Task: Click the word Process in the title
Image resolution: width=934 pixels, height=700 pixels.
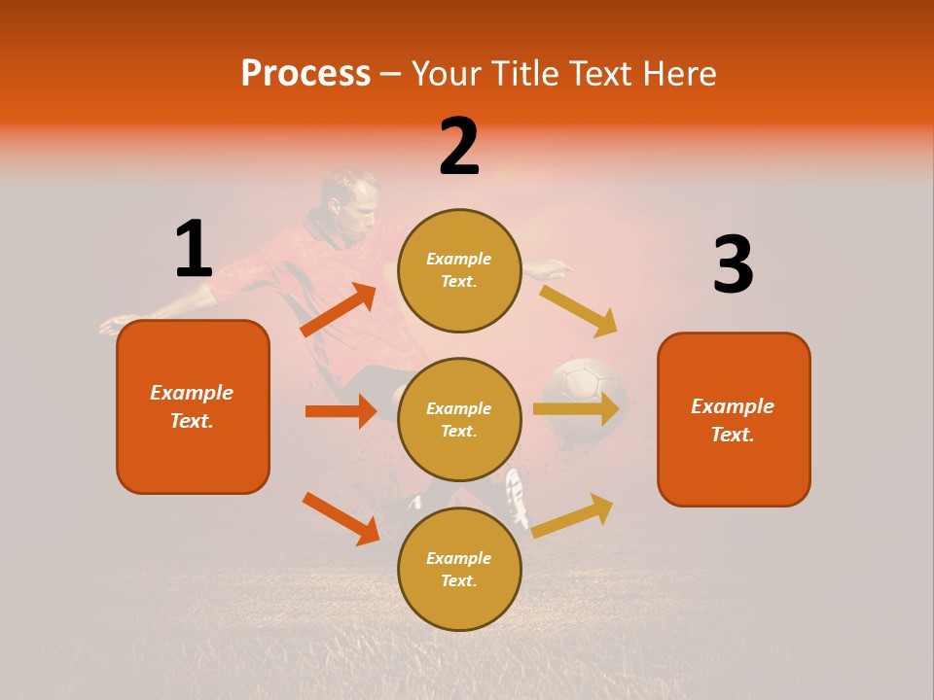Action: coord(305,74)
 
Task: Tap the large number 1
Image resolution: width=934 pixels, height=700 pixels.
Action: coord(194,249)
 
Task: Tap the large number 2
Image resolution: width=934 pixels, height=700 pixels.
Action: coord(459,147)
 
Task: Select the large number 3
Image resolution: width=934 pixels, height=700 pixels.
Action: coord(733,265)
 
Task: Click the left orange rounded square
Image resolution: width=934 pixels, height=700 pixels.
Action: coord(193,406)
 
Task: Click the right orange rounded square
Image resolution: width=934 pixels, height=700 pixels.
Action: coord(734,419)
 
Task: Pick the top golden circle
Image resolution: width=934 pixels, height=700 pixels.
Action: coord(459,270)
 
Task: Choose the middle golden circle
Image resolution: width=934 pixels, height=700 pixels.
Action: coord(459,419)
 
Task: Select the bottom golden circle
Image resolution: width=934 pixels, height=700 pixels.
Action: coord(459,569)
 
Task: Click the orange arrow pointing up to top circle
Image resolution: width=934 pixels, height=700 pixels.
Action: coord(339,311)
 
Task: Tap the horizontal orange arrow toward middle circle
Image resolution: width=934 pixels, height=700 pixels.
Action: coord(341,411)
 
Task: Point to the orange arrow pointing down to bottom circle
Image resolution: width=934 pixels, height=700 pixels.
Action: coord(341,518)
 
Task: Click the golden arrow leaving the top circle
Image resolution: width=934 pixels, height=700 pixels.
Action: coord(579,310)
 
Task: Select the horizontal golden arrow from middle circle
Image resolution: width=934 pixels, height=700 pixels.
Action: coord(577,408)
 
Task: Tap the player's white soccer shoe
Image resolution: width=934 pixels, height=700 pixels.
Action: coord(516,496)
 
